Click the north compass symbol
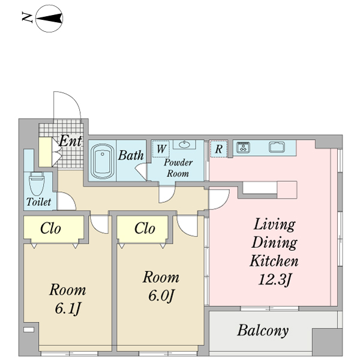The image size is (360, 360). pos(49,19)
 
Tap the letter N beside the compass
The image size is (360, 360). pos(27,17)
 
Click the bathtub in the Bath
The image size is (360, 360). pos(103,161)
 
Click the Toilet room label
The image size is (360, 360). pos(38,202)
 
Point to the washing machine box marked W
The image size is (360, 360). pos(161,149)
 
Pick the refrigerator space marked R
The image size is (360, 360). pos(219,149)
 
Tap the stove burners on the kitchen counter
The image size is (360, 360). pos(244,147)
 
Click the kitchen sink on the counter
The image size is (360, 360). pos(277,147)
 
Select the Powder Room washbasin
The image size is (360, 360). pos(184,145)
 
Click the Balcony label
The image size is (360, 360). pos(263,331)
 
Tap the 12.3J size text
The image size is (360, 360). pos(275,280)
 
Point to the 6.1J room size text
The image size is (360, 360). pos(68,308)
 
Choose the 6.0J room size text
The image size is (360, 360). pos(161,295)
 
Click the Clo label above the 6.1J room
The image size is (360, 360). pos(50,229)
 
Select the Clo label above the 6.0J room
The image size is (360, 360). pos(145,229)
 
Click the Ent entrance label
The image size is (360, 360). pos(70,140)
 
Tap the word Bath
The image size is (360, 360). pos(131,155)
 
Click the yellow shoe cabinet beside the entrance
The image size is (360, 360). pos(45,152)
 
